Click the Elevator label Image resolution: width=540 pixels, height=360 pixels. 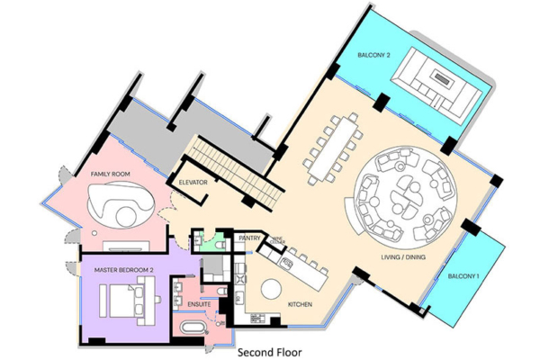coord(193,183)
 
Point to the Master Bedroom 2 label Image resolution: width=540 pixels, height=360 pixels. coord(124,269)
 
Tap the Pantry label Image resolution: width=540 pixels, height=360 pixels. coord(249,238)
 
